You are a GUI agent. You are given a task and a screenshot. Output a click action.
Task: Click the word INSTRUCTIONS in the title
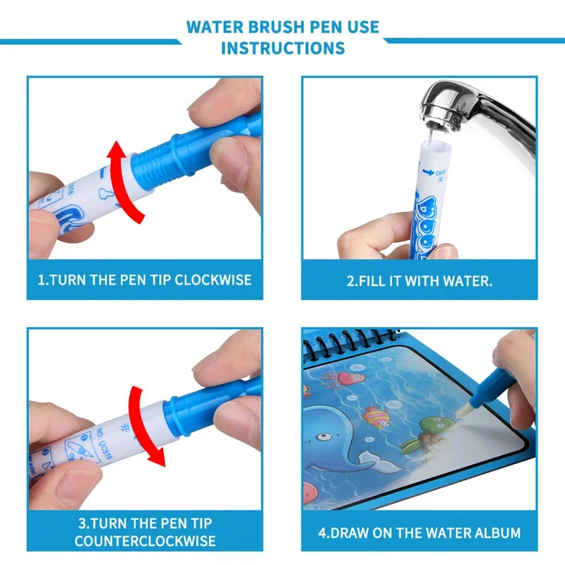point(282,48)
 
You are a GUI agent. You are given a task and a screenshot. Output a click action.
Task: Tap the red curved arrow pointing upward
point(127,177)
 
